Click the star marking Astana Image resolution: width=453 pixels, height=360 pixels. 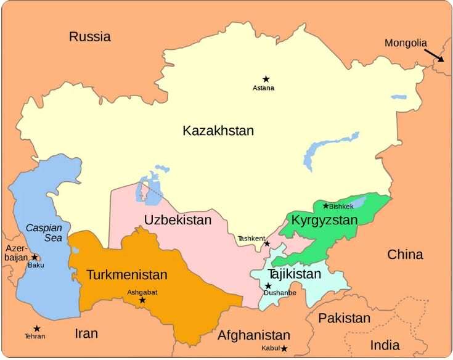pyautogui.click(x=266, y=79)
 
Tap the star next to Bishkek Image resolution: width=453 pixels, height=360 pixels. pyautogui.click(x=326, y=205)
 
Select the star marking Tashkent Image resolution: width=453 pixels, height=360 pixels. pyautogui.click(x=267, y=243)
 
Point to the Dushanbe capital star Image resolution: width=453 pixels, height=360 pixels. pyautogui.click(x=268, y=285)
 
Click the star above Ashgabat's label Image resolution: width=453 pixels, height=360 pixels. pyautogui.click(x=142, y=300)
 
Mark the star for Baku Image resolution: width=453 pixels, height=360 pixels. pyautogui.click(x=35, y=257)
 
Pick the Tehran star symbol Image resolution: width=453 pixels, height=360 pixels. pyautogui.click(x=36, y=329)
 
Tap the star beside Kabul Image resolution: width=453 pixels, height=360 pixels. pyautogui.click(x=284, y=349)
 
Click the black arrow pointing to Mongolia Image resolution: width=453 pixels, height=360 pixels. pyautogui.click(x=434, y=55)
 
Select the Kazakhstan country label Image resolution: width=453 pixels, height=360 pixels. pyautogui.click(x=218, y=131)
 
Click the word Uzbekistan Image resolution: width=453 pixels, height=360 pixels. pyautogui.click(x=178, y=220)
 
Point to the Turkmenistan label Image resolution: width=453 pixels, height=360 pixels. pyautogui.click(x=126, y=274)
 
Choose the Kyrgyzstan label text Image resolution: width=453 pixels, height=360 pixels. pyautogui.click(x=324, y=220)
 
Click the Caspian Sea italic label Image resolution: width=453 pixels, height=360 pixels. pyautogui.click(x=44, y=232)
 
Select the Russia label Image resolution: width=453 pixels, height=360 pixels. pyautogui.click(x=90, y=36)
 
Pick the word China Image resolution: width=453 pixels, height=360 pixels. pyautogui.click(x=405, y=254)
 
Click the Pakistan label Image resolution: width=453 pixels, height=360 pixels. pyautogui.click(x=345, y=318)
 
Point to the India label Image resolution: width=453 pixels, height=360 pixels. pyautogui.click(x=385, y=345)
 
